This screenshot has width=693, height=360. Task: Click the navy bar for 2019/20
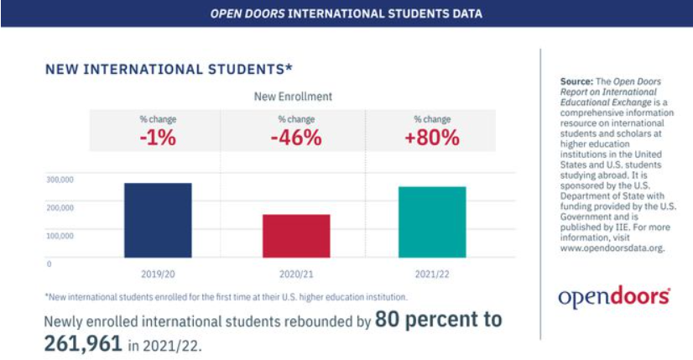pos(158,219)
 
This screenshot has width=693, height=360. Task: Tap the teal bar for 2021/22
pos(432,222)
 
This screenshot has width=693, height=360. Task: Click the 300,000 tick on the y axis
pos(60,179)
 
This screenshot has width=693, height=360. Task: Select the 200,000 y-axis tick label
pos(60,206)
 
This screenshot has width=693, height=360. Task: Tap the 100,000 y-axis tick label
pos(60,235)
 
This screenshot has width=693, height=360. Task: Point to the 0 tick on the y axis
pos(49,263)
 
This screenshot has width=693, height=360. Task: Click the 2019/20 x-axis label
pos(158,274)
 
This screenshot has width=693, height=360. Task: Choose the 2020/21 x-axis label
pos(296,274)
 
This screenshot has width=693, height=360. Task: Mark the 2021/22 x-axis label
pos(432,274)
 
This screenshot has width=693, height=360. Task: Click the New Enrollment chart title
pos(293,97)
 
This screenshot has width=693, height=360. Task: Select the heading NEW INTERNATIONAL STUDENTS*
pos(169,68)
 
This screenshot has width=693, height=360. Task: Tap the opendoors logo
pos(615,296)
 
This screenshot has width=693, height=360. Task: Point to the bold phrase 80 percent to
pos(438,320)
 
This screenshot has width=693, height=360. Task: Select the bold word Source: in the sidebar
pos(576,81)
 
